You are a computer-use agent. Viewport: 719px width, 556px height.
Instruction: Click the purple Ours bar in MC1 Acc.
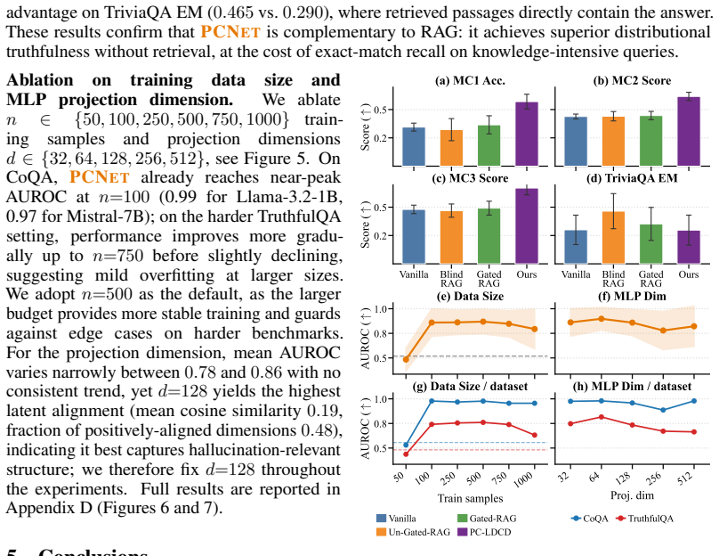pos(527,134)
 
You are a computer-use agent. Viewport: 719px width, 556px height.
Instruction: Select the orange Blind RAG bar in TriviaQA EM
pos(613,237)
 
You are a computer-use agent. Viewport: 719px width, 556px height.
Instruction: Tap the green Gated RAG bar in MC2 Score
pos(650,141)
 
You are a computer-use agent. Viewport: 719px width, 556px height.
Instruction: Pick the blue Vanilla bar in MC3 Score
pos(414,236)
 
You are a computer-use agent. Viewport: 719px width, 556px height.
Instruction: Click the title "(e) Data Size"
pos(470,296)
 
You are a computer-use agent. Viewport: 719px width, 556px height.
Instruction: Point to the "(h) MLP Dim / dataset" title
pos(632,386)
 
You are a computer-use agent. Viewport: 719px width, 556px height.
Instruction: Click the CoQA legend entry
pos(590,519)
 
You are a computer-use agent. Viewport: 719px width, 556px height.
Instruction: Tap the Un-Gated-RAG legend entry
pos(413,532)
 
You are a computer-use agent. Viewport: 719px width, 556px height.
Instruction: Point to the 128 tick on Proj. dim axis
pos(624,478)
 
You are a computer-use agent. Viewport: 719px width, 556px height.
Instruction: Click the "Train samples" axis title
pos(470,498)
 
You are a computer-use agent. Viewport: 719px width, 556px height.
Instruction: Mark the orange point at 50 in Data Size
pos(406,359)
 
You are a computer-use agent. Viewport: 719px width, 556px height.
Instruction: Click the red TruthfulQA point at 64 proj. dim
pos(602,417)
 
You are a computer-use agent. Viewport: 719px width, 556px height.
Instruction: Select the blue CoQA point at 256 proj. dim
pos(663,410)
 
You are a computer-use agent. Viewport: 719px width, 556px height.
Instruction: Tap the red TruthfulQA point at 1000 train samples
pos(534,435)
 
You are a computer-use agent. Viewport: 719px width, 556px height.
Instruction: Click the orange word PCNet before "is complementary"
pos(230,32)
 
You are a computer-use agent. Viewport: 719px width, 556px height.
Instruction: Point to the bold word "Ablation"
pos(39,80)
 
